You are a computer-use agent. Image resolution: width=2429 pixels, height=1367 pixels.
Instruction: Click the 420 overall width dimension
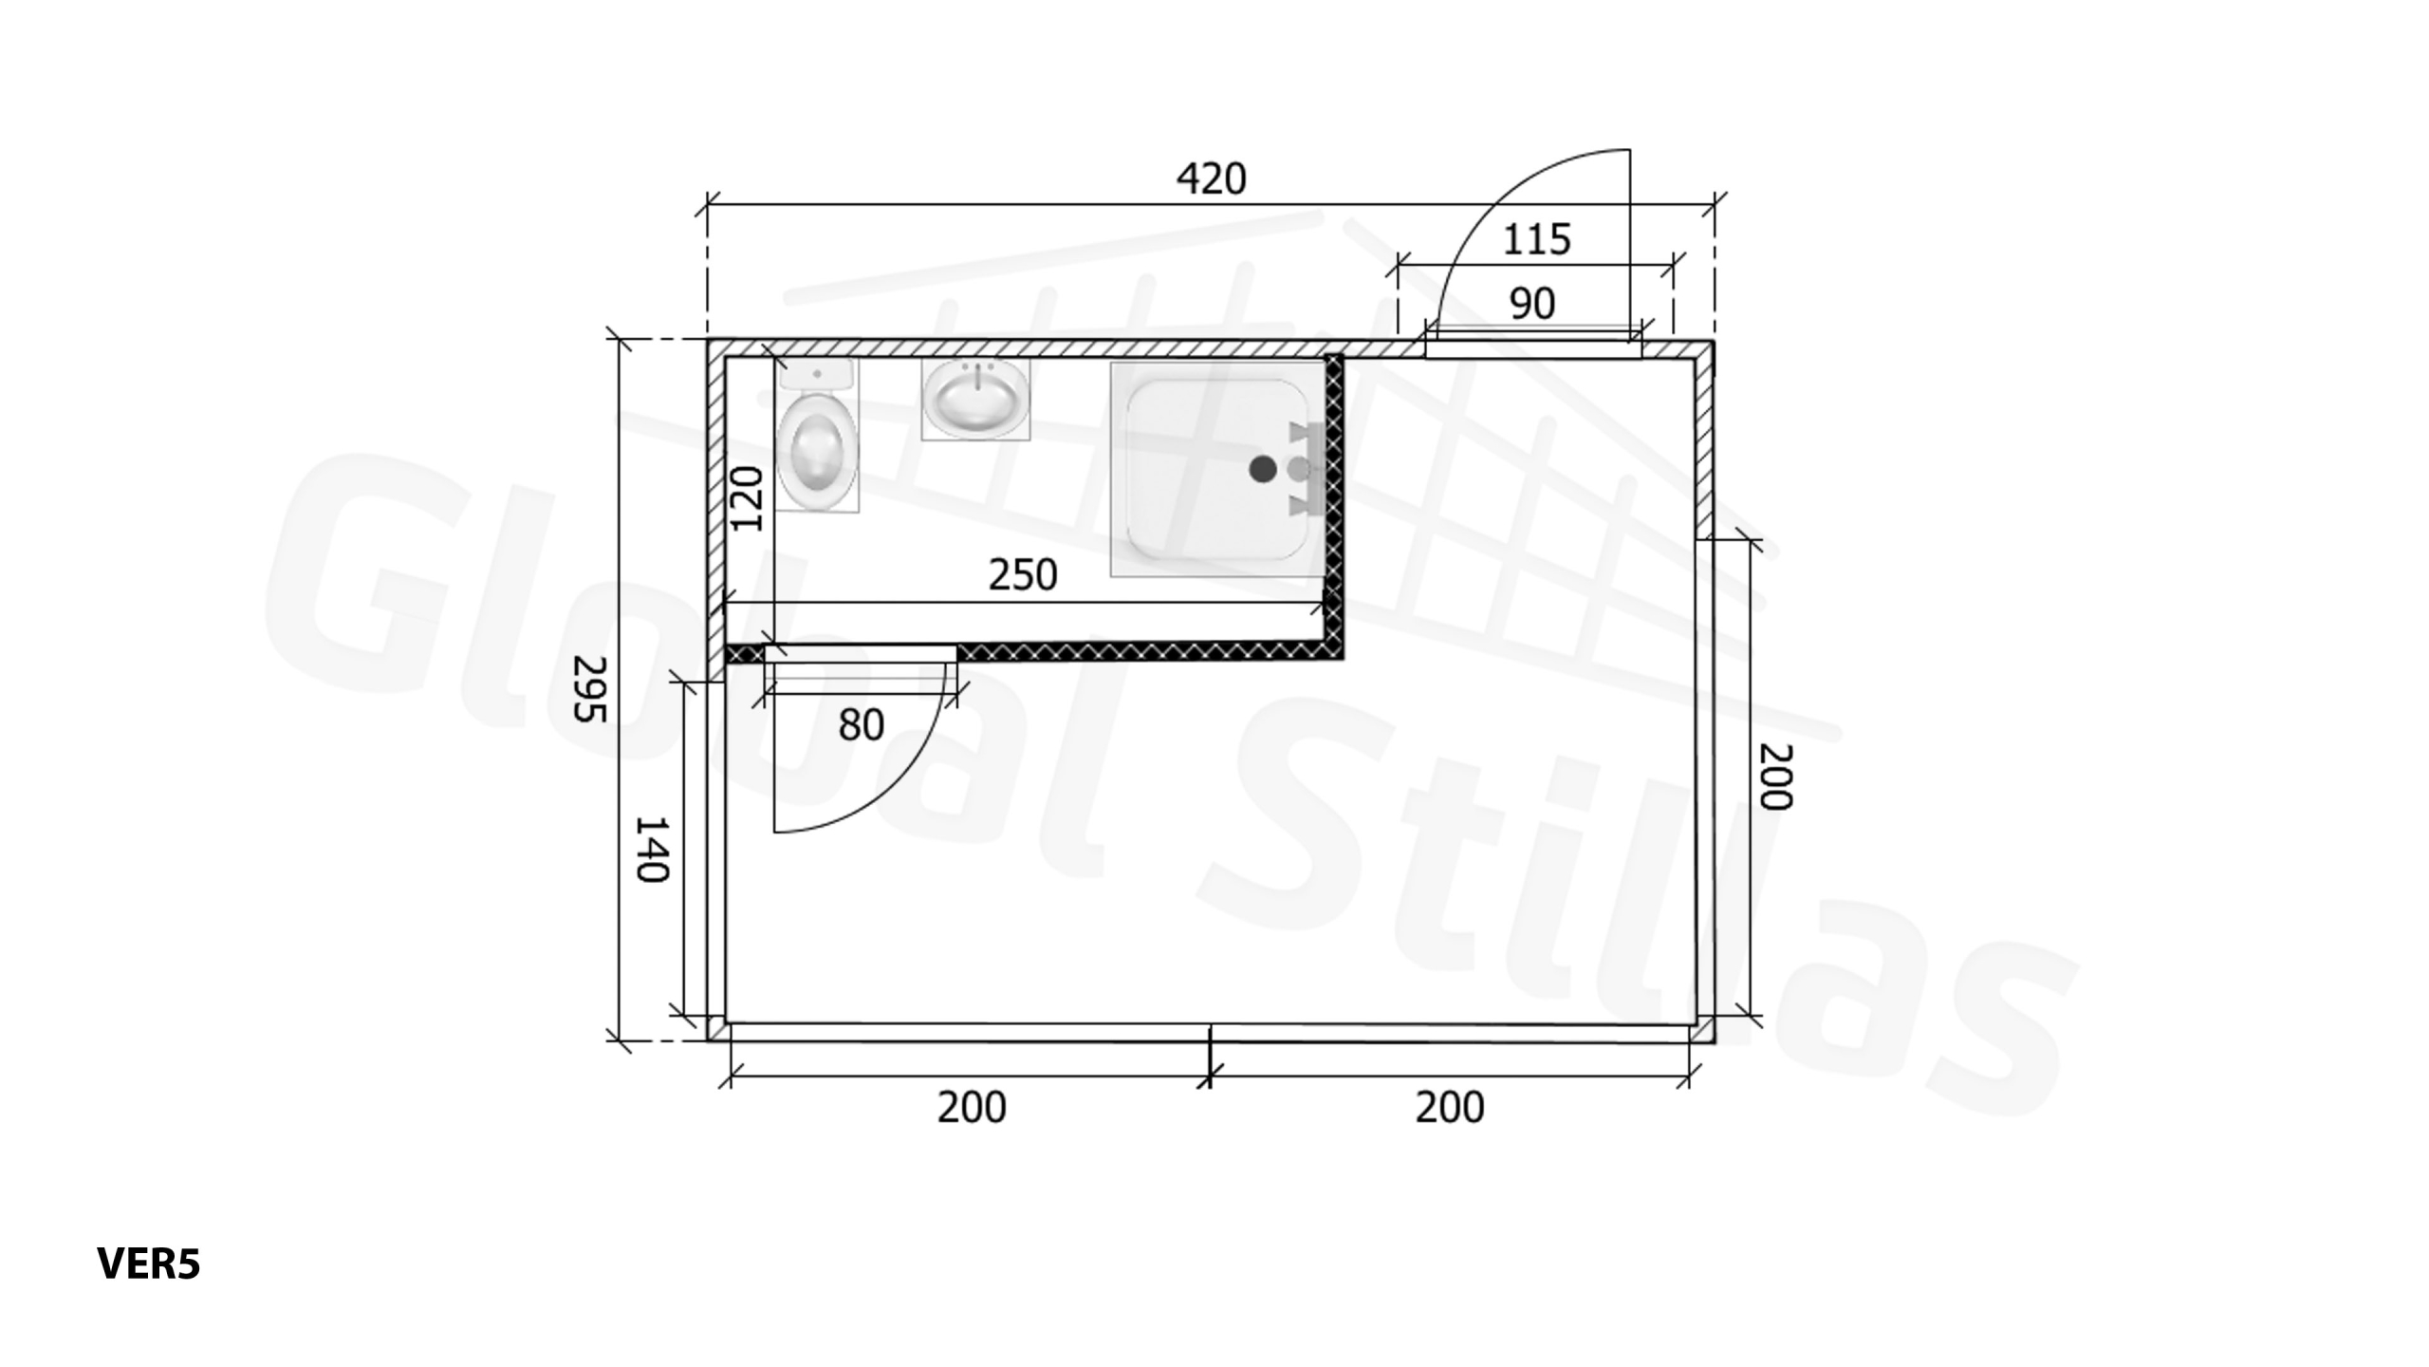point(1211,179)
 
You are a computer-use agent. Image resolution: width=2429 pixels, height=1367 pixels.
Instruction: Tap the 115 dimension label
point(1537,239)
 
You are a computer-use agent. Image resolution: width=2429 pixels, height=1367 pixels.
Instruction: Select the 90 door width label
point(1532,304)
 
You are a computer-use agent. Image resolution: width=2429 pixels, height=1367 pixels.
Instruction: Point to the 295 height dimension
point(590,688)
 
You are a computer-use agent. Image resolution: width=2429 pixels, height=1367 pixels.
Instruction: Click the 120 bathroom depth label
point(747,498)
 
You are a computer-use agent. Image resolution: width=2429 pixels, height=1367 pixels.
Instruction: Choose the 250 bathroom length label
point(1023,575)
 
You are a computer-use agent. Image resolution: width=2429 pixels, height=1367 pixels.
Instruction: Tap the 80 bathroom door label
point(862,725)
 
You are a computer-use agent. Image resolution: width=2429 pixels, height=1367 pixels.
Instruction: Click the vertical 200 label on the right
point(1776,777)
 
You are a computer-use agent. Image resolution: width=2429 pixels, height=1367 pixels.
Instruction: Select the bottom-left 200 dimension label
point(972,1108)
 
